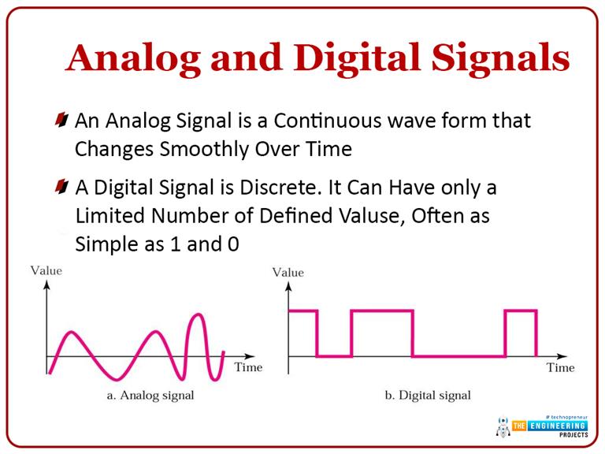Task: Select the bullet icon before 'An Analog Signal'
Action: pyautogui.click(x=62, y=121)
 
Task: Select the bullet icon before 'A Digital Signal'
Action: pyautogui.click(x=62, y=188)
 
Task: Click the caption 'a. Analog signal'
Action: pyautogui.click(x=150, y=395)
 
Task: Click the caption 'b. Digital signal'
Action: pyautogui.click(x=427, y=395)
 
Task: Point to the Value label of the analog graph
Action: pyautogui.click(x=46, y=270)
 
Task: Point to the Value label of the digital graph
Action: pyautogui.click(x=288, y=272)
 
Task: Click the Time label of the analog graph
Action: pyautogui.click(x=248, y=367)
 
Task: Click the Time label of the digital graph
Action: pyautogui.click(x=560, y=367)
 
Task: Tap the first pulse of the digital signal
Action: pyautogui.click(x=303, y=311)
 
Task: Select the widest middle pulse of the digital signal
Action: pyautogui.click(x=381, y=311)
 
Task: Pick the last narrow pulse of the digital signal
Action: pyautogui.click(x=521, y=311)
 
